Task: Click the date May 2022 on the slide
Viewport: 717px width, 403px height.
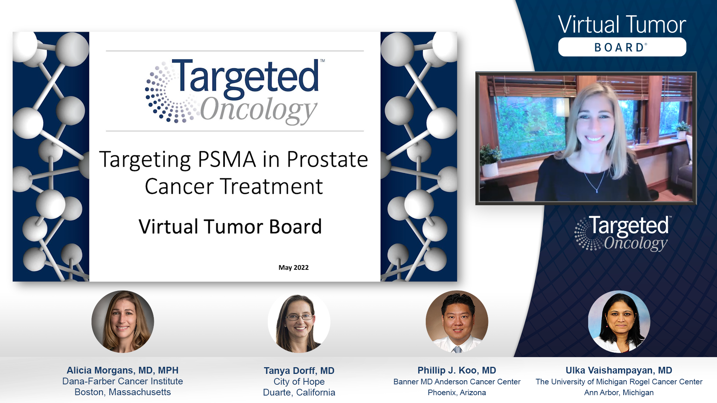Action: pos(294,268)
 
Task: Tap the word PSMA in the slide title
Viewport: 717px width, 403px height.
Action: pos(227,159)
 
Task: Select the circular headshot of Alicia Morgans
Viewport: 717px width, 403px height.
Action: pos(122,322)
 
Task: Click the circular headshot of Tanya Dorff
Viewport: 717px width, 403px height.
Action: pos(299,322)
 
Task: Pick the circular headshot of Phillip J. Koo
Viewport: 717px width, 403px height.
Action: pos(457,322)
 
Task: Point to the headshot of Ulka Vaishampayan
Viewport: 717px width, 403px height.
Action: pos(619,322)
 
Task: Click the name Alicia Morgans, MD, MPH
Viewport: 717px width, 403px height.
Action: pos(122,370)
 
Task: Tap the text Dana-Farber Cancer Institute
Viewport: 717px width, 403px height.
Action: pos(122,381)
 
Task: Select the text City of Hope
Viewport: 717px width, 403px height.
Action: pos(299,382)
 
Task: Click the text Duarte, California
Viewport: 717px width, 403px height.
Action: pos(299,393)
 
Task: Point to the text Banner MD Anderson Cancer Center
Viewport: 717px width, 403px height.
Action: pos(457,382)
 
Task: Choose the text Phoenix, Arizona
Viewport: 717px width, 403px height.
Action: pos(457,393)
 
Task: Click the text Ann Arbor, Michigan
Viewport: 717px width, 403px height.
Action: pos(619,393)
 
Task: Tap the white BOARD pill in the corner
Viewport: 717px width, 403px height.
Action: pos(622,47)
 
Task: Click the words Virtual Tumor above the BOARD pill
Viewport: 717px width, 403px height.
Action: pos(622,25)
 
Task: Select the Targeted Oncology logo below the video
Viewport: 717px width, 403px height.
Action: pos(623,233)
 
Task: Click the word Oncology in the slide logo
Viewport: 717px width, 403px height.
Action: pos(258,110)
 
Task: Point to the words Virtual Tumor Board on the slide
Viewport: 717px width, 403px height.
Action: pos(230,227)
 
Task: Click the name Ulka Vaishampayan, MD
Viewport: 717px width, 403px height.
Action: pos(619,370)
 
